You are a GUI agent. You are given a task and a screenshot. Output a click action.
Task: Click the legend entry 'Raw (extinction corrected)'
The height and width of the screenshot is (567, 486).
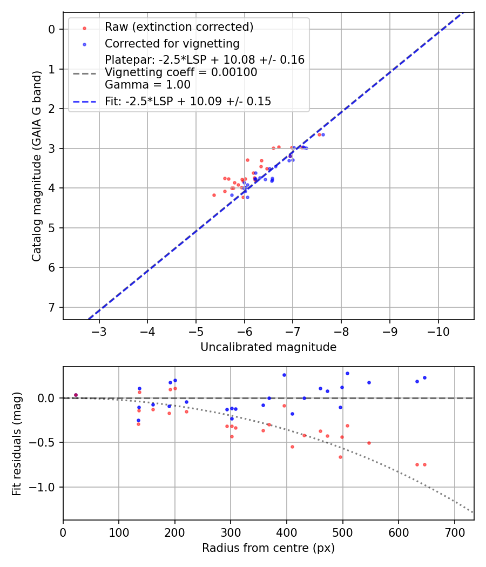(179, 27)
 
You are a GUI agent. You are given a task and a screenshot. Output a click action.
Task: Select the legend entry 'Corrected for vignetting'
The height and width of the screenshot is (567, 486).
(172, 43)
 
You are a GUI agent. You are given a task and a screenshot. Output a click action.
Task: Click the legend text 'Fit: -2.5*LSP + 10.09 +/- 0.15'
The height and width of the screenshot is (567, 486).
(188, 101)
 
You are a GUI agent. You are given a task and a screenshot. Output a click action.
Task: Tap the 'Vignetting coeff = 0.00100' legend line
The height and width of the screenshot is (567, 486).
(181, 72)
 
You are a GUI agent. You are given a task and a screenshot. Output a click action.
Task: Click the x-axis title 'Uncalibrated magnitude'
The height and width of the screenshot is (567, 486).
(268, 347)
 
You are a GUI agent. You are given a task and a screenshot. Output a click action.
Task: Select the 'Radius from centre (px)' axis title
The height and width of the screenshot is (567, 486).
(268, 548)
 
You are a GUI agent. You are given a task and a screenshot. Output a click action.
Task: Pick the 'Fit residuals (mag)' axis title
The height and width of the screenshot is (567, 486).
(17, 443)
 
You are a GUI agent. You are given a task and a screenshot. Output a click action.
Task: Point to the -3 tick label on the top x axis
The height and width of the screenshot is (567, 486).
(99, 331)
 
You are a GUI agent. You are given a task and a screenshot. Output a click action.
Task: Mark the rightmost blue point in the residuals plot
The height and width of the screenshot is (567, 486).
(424, 377)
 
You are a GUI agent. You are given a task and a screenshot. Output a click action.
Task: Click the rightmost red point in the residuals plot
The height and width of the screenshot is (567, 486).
(424, 464)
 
